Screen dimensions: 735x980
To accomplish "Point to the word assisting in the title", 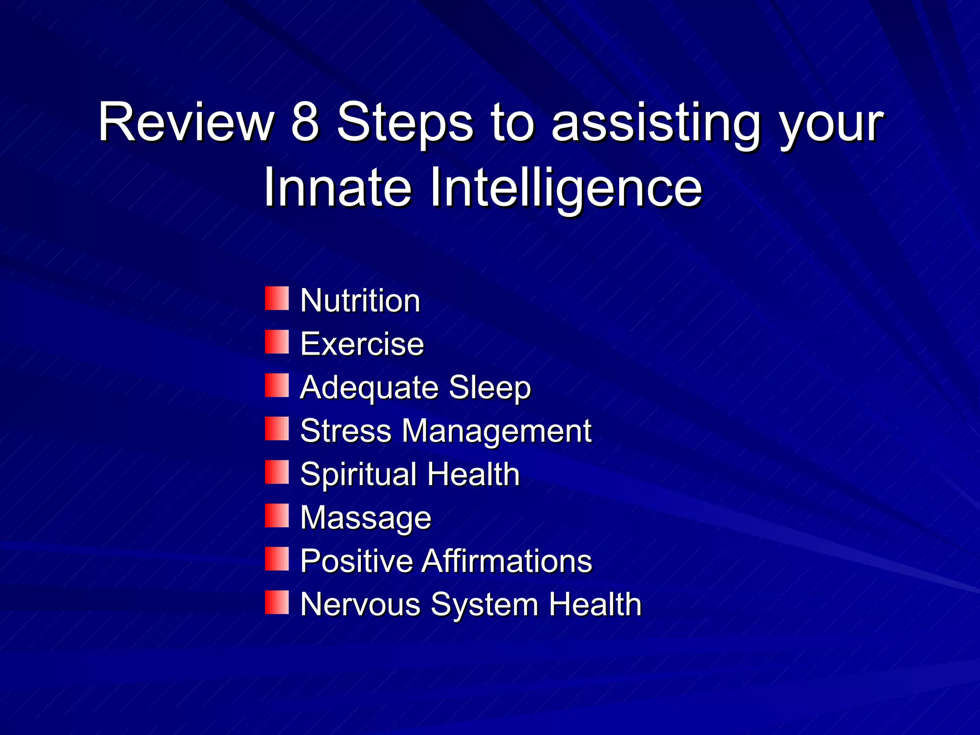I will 656,124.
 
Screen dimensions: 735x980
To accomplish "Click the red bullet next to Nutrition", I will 277,299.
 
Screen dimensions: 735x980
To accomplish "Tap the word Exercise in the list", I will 362,344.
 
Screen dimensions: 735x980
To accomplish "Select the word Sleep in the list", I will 490,388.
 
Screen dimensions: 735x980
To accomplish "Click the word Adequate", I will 368,388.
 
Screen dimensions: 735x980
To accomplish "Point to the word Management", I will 497,431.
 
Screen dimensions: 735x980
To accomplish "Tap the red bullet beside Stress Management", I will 277,429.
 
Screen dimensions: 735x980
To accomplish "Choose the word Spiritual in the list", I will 358,475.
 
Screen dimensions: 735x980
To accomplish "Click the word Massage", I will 366,518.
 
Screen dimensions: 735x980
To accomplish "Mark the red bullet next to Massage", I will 277,516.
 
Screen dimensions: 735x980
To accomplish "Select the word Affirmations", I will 507,561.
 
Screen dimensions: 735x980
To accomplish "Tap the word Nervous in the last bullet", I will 360,604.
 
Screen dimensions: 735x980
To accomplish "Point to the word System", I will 484,605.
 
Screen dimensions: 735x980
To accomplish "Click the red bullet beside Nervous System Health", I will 277,602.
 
